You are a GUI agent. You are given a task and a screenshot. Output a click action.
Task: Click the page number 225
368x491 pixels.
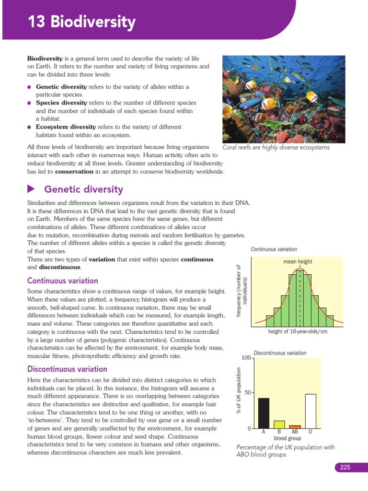(x=345, y=468)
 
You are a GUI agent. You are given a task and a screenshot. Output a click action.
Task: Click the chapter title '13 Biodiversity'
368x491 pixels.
(x=81, y=22)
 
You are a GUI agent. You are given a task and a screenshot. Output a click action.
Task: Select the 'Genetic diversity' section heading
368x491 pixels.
(x=83, y=189)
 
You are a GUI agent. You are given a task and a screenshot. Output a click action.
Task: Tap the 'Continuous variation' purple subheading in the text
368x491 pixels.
(x=63, y=281)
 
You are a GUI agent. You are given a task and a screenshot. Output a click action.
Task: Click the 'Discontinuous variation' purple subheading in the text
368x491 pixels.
(x=67, y=369)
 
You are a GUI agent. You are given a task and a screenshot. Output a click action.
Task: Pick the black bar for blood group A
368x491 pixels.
(x=264, y=413)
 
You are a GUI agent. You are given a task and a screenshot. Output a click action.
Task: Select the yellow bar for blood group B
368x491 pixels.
(x=279, y=424)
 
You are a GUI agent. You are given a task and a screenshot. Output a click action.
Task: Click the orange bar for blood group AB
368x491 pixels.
(x=295, y=426)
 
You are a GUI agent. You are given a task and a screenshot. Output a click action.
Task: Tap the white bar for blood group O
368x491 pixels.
(x=310, y=411)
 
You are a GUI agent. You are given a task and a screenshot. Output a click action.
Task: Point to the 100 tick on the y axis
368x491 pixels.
(x=245, y=358)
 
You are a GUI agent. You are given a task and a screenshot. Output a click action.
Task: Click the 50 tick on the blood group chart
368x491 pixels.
(x=247, y=393)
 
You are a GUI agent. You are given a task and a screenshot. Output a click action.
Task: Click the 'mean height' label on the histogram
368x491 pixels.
(x=298, y=261)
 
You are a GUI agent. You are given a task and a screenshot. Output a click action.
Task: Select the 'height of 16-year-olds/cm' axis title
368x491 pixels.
(x=297, y=332)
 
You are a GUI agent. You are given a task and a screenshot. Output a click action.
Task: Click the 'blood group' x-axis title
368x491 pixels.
(x=287, y=438)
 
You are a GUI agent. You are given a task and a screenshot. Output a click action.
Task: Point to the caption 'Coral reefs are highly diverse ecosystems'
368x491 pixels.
(x=276, y=148)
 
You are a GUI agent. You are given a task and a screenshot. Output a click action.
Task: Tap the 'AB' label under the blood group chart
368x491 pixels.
(x=295, y=432)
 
